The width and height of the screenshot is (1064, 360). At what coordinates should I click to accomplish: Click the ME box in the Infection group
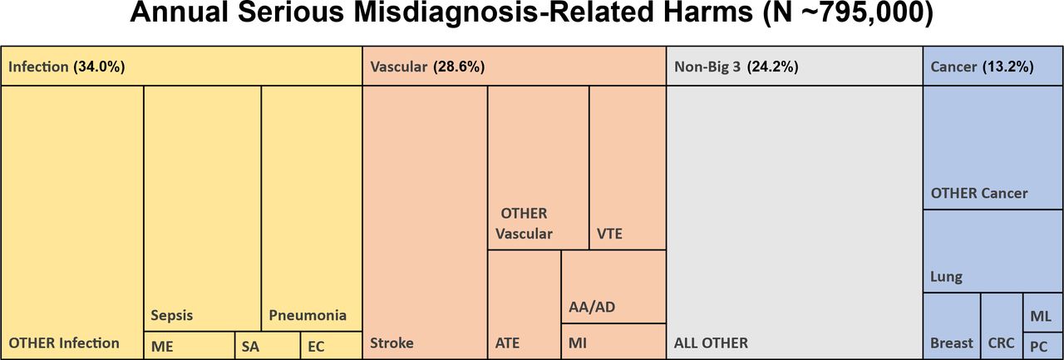coord(189,345)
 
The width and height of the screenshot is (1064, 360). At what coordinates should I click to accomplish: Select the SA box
coord(268,345)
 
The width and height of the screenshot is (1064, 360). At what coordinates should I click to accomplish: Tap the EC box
coord(332,345)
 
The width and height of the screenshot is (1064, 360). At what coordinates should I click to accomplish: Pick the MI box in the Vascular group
coord(613,342)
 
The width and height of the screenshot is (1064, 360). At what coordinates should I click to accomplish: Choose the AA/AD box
coord(613,287)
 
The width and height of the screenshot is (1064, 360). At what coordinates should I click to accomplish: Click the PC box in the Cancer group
coord(1043,346)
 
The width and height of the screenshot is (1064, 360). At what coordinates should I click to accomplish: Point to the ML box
coord(1043,313)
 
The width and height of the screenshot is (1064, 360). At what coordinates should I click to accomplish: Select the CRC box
coord(1002,326)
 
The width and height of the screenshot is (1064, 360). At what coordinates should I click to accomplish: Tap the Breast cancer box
coord(952,326)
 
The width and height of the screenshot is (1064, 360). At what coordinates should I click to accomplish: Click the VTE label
coord(609,234)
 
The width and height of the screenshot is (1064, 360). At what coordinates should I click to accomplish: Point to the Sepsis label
coord(172,316)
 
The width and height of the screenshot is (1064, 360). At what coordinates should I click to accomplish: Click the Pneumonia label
coord(308,315)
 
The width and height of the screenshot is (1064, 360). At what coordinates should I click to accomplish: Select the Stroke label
coord(392,343)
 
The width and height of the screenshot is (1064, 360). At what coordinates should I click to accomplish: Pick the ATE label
coord(507,343)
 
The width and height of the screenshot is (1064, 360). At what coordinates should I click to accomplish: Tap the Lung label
coord(946,277)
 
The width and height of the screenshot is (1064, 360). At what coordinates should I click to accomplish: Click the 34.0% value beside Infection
coord(99,67)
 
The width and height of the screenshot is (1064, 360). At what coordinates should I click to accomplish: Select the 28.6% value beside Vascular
coord(459,67)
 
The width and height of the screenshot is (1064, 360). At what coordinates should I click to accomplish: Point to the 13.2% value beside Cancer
coord(1008,67)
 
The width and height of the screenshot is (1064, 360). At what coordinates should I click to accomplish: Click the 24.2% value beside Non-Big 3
coord(773,67)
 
